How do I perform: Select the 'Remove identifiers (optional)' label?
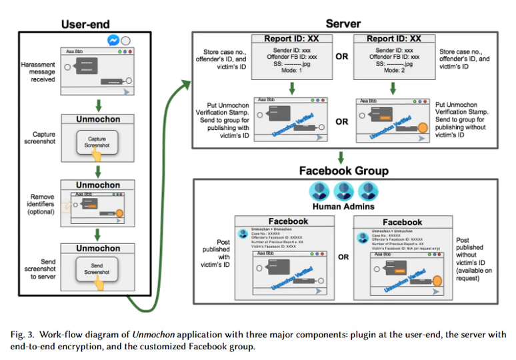tap(41, 202)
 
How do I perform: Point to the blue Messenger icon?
tap(113, 41)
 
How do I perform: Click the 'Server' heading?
tap(343, 24)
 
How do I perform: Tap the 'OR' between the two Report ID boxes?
tap(342, 57)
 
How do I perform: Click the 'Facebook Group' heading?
tap(343, 171)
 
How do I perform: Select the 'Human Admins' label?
tap(343, 207)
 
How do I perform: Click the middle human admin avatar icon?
tap(343, 191)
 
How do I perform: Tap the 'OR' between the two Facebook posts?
tap(342, 257)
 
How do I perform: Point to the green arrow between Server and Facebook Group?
tap(342, 157)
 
